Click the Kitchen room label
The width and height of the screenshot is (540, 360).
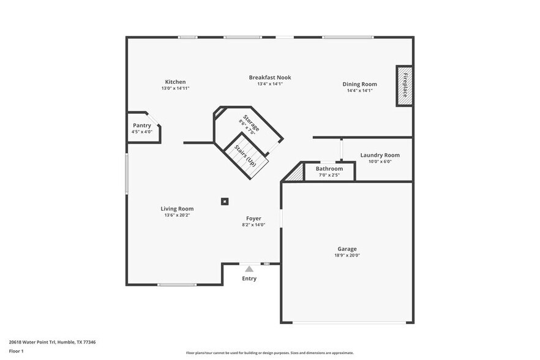tap(175, 82)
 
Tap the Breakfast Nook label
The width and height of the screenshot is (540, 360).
tap(269, 78)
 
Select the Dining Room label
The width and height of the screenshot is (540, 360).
tap(359, 84)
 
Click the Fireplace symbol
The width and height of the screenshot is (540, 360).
tap(404, 86)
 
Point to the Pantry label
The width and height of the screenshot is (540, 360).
tap(141, 126)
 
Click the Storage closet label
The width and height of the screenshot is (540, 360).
tap(251, 123)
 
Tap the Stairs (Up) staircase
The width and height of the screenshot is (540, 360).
tap(247, 157)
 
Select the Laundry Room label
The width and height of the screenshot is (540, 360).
tap(380, 156)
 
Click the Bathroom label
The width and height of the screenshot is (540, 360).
tap(329, 169)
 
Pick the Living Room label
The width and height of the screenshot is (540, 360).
tap(177, 209)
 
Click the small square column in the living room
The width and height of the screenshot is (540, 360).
tap(225, 201)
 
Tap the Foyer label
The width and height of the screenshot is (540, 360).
tap(253, 219)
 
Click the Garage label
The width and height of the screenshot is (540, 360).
tap(347, 249)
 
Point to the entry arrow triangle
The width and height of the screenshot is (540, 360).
tap(249, 268)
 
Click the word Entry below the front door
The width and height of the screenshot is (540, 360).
tap(249, 279)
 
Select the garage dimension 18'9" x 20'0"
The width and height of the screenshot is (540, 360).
tap(347, 255)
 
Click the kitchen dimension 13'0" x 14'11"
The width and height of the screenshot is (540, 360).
tap(175, 88)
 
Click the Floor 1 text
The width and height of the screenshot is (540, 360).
tap(17, 351)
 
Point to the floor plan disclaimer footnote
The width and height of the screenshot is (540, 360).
tap(269, 353)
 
